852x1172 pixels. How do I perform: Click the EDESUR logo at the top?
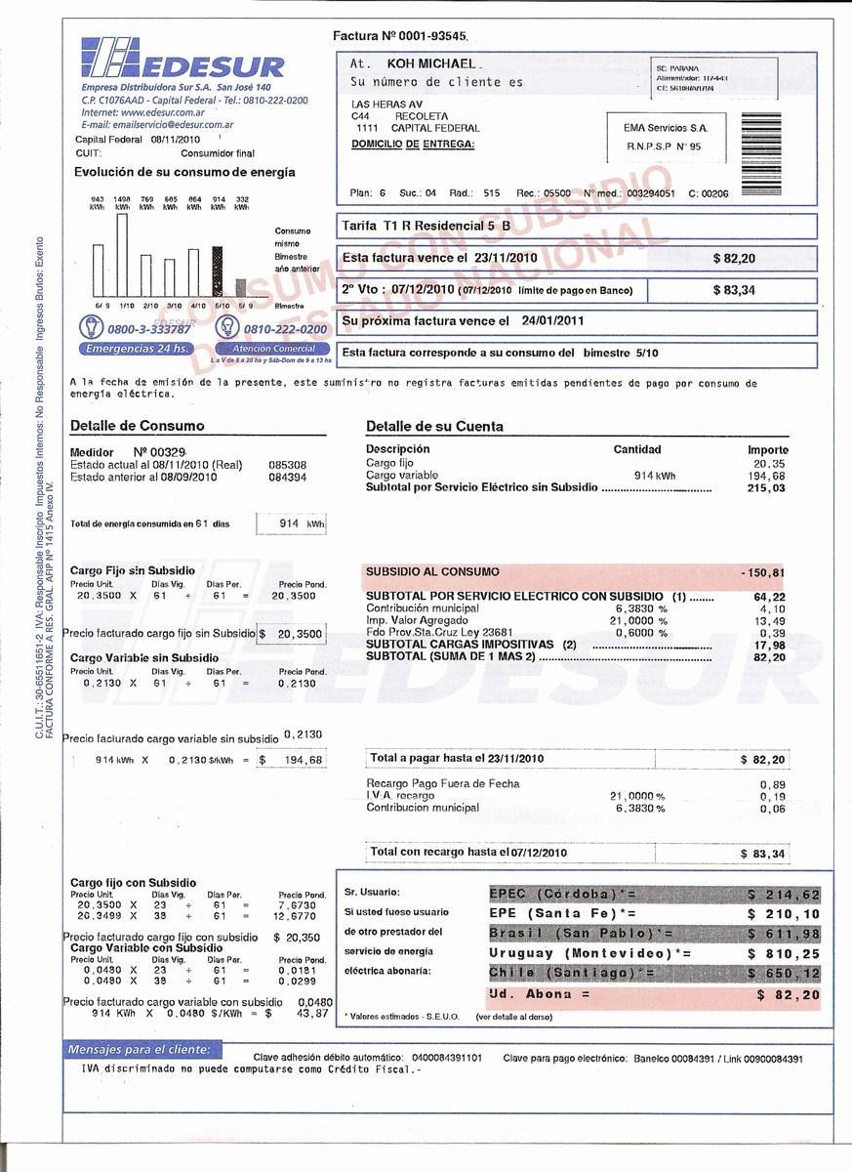click(183, 61)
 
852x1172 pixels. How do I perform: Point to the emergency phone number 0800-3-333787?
click(150, 329)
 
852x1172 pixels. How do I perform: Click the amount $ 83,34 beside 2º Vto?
click(733, 290)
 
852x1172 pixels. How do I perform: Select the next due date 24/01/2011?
click(552, 320)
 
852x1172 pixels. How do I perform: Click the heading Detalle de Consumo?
click(138, 426)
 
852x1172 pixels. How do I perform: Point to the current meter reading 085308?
click(287, 465)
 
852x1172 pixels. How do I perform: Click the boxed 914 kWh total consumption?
click(292, 524)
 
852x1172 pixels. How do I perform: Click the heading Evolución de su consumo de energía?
click(184, 172)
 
